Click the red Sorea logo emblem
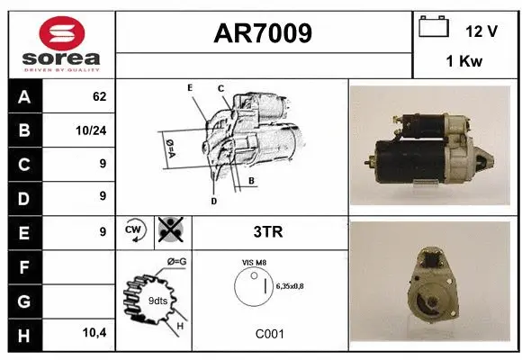[62, 33]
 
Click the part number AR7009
[263, 33]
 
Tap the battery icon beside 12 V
[434, 26]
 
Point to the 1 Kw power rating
[464, 61]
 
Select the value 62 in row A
[100, 96]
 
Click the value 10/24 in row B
[91, 130]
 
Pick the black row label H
[24, 336]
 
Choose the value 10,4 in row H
[94, 332]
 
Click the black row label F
[24, 267]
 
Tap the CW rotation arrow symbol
[134, 230]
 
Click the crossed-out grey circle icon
[171, 229]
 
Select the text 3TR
[268, 232]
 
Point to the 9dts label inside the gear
[157, 301]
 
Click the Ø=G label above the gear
[176, 262]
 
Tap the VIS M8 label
[254, 263]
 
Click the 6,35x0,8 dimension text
[290, 286]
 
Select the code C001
[270, 334]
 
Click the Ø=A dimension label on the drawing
[170, 148]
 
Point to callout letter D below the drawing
[213, 201]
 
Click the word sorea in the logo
[61, 58]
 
